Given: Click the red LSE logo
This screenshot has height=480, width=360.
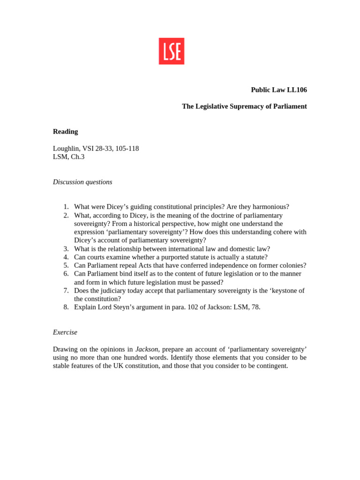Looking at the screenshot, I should [171, 51].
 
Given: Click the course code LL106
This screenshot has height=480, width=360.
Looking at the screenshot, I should [296, 90].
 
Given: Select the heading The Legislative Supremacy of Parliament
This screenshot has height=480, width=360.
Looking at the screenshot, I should [244, 106].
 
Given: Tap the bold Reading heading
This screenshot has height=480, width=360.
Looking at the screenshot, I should [65, 131].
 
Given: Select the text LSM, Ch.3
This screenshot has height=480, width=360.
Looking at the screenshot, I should [68, 157].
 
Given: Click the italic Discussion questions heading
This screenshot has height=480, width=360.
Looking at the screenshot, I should [82, 182].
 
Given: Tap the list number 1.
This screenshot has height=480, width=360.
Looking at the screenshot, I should [66, 207].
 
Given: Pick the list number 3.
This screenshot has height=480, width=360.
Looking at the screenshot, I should [66, 249].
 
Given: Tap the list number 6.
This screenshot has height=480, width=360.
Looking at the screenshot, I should [66, 274].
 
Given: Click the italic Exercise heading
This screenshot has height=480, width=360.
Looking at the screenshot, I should [65, 332].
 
